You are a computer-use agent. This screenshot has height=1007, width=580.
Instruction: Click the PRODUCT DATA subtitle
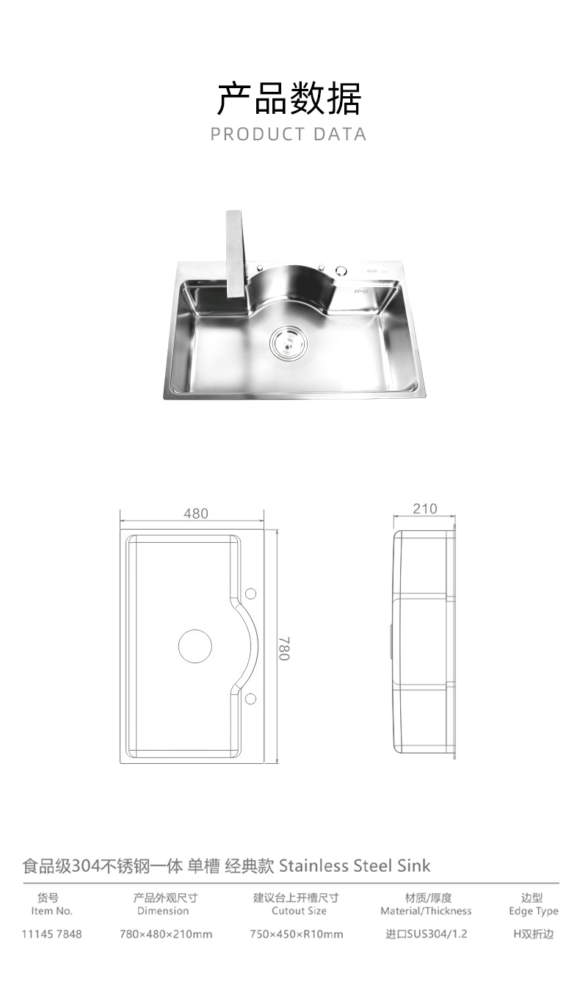click(289, 134)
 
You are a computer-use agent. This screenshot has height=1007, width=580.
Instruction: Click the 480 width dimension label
click(196, 513)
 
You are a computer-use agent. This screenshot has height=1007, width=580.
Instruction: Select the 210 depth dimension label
click(425, 508)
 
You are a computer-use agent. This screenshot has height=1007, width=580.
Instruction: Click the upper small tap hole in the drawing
click(250, 593)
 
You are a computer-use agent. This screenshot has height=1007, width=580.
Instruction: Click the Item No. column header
click(52, 904)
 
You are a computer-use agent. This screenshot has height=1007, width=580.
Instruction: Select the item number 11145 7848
click(52, 934)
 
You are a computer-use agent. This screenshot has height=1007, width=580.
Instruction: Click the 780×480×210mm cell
click(166, 934)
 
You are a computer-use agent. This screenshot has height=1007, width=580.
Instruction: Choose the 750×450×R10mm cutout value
click(296, 934)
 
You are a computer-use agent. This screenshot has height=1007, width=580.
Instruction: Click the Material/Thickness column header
click(427, 904)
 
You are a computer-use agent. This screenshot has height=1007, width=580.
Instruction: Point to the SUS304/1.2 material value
click(427, 934)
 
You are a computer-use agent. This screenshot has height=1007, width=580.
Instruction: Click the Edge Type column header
click(534, 904)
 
